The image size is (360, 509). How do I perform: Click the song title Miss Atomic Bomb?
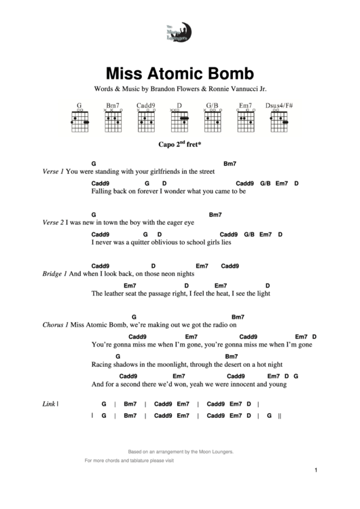click(179, 73)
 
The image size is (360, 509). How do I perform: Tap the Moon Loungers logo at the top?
click(179, 31)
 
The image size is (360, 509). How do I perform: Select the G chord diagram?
click(79, 120)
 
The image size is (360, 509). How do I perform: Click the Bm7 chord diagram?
click(113, 120)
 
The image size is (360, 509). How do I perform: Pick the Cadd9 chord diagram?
click(146, 120)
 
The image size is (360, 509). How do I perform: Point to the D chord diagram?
click(179, 120)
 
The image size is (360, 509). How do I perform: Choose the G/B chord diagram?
click(213, 120)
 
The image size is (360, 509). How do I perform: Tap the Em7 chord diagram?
click(245, 120)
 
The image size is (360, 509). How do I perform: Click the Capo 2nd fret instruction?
click(180, 145)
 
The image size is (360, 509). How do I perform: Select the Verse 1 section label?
click(53, 172)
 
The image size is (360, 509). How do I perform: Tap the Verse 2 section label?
click(53, 222)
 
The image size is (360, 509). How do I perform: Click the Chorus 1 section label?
click(55, 325)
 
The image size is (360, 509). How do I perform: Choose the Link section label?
click(48, 404)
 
